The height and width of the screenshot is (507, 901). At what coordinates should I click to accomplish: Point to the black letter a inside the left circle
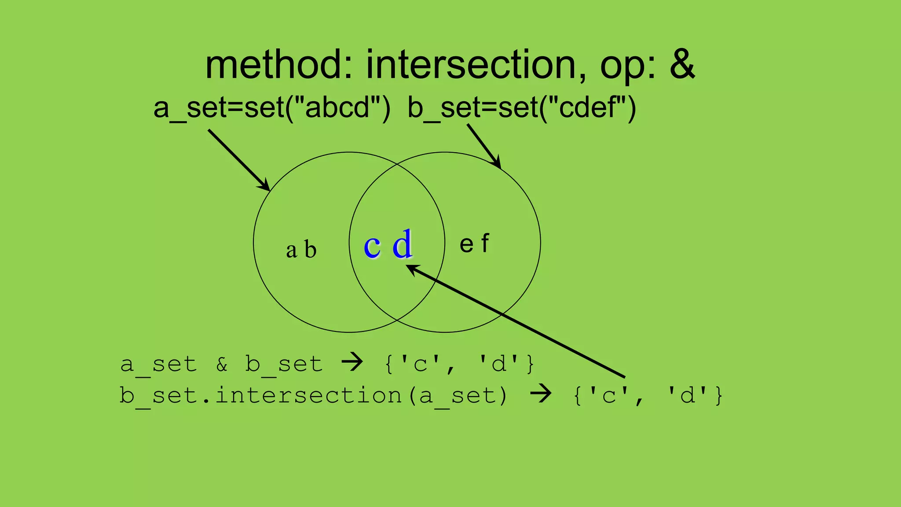291,251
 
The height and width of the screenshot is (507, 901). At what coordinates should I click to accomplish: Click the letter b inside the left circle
310,250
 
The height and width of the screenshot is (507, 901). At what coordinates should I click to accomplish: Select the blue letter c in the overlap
372,246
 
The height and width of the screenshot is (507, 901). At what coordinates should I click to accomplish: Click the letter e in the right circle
466,245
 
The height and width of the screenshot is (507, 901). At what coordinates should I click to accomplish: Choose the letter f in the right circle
485,243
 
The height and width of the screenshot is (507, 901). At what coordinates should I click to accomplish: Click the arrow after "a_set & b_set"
352,363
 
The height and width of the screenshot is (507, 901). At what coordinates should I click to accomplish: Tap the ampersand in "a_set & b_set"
222,364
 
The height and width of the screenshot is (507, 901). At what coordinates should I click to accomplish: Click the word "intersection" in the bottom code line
308,395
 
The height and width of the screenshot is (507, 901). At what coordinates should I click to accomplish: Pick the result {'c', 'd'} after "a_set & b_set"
460,364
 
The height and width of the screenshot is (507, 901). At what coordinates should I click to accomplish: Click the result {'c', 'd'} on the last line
648,395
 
